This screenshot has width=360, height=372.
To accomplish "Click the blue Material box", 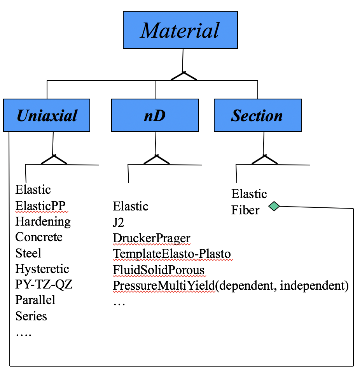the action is pyautogui.click(x=180, y=30).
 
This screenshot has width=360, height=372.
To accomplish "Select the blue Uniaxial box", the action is pyautogui.click(x=47, y=115).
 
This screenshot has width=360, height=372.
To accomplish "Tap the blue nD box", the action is pyautogui.click(x=155, y=115).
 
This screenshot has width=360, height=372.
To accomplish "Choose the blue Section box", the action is pyautogui.click(x=258, y=115).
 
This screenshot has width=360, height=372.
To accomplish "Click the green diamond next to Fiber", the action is pyautogui.click(x=274, y=206).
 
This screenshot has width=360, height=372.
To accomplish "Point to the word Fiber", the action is pyautogui.click(x=245, y=210).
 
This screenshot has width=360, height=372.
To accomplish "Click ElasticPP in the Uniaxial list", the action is pyautogui.click(x=40, y=206).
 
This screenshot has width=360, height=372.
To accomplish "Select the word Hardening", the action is pyautogui.click(x=43, y=222).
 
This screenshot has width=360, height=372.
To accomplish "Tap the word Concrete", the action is pyautogui.click(x=39, y=237).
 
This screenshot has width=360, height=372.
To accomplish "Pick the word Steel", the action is pyautogui.click(x=28, y=253).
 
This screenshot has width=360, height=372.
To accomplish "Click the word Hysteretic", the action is pyautogui.click(x=42, y=269).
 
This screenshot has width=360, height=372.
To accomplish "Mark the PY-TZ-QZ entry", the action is pyautogui.click(x=44, y=284).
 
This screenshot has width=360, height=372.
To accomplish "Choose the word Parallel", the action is pyautogui.click(x=35, y=300).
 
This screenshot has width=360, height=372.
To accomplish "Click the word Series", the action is pyautogui.click(x=31, y=316).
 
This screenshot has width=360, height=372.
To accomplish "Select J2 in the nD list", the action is pyautogui.click(x=119, y=223).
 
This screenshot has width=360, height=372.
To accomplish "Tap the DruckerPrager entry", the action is pyautogui.click(x=152, y=238).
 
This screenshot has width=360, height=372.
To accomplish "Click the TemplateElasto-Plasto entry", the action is pyautogui.click(x=172, y=254).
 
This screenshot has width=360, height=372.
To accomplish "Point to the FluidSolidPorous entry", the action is pyautogui.click(x=159, y=270).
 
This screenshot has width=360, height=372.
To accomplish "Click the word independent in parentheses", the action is pyautogui.click(x=312, y=286).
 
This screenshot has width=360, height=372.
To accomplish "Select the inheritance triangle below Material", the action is pyautogui.click(x=183, y=76).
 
